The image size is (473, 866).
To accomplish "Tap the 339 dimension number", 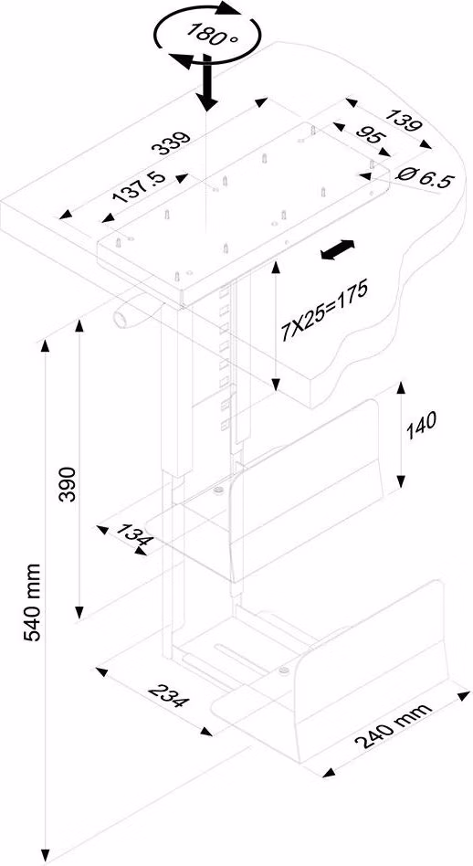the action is tap(172, 143).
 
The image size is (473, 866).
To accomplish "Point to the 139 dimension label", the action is tap(403, 122).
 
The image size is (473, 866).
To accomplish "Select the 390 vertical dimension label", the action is tap(67, 484).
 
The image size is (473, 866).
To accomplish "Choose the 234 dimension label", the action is tap(169, 695).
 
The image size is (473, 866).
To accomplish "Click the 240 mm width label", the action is tap(394, 725).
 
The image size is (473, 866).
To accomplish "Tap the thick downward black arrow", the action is tap(207, 81).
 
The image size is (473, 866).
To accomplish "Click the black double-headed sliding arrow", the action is tap(337, 249).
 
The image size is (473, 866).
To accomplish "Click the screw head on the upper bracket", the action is tap(217, 490).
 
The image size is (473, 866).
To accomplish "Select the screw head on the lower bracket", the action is tap(284, 671).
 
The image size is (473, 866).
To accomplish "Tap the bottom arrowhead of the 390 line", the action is tap(79, 610).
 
